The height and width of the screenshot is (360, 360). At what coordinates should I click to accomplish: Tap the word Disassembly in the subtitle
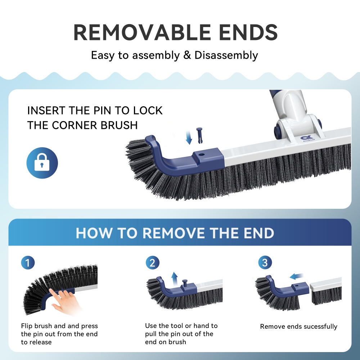pyautogui.click(x=226, y=55)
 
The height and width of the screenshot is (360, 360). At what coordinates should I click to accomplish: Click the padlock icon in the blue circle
pyautogui.click(x=42, y=163)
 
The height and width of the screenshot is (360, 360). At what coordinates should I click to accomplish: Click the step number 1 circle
pyautogui.click(x=28, y=262)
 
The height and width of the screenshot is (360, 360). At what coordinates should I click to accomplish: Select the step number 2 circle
pyautogui.click(x=152, y=262)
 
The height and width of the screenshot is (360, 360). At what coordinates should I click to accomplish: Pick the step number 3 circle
pyautogui.click(x=265, y=262)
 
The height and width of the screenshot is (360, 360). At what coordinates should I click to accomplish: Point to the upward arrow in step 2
pyautogui.click(x=174, y=278)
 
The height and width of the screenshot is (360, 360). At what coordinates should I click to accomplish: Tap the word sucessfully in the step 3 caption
pyautogui.click(x=319, y=327)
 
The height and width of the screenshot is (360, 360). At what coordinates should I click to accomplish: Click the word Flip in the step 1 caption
pyautogui.click(x=27, y=326)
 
